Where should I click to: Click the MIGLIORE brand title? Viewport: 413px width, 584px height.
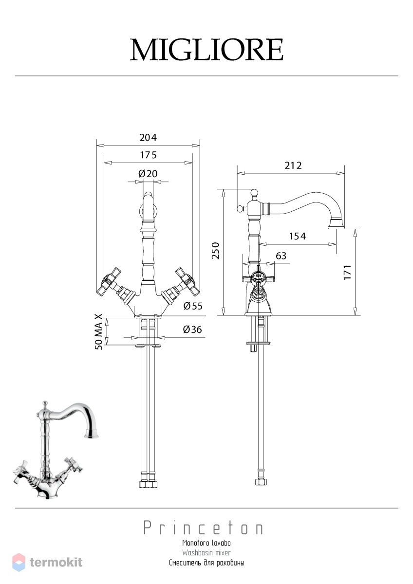(206, 50)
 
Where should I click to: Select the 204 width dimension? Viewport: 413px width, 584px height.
(148, 137)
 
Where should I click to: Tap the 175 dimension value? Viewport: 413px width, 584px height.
(148, 155)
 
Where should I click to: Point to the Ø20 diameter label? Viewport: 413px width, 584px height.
(148, 173)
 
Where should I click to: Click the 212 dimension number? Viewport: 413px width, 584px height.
(293, 165)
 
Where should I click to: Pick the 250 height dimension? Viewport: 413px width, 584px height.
(216, 251)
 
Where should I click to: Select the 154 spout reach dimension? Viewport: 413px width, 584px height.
(298, 236)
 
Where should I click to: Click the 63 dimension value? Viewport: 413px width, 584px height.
(281, 256)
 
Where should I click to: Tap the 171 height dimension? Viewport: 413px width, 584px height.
(348, 273)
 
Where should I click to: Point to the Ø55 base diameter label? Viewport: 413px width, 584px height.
(193, 306)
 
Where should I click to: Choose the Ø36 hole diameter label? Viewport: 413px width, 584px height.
(192, 329)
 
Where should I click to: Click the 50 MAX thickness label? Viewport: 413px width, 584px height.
(98, 332)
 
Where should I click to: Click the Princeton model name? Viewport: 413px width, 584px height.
(204, 528)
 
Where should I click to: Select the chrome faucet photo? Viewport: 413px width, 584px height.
(56, 450)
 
